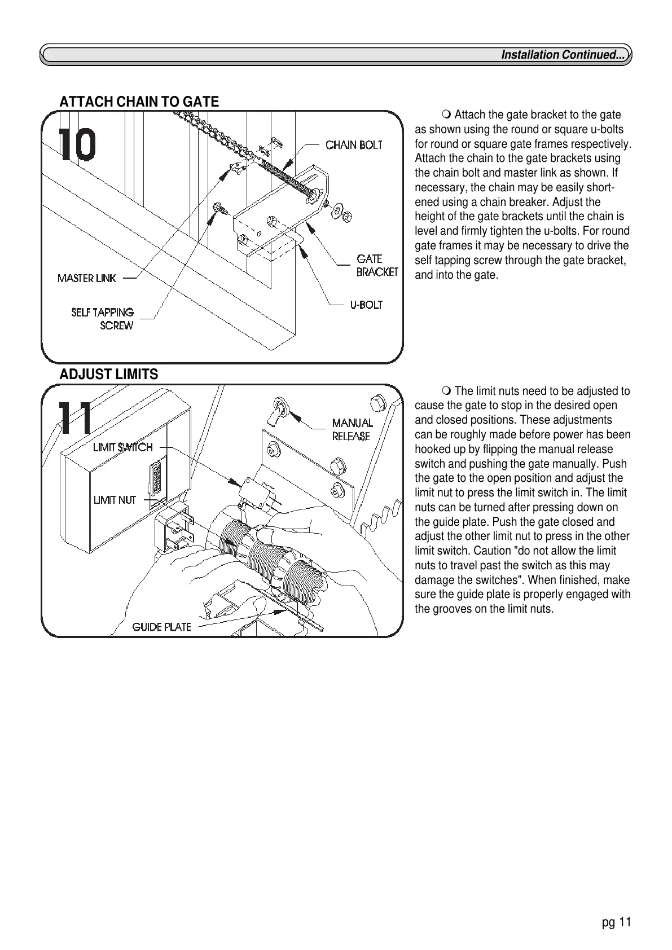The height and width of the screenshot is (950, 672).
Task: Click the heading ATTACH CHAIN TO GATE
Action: click(x=139, y=102)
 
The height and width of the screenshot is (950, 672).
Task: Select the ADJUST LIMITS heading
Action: click(x=109, y=375)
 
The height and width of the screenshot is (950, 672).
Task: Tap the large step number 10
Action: click(x=77, y=145)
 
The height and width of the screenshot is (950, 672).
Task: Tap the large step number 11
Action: click(x=76, y=418)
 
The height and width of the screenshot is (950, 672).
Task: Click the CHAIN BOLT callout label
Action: click(x=354, y=145)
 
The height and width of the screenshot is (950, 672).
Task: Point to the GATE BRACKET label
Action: click(x=376, y=265)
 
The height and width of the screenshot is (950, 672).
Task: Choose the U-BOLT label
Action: click(x=366, y=305)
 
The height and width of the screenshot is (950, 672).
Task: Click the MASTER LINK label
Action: click(x=86, y=278)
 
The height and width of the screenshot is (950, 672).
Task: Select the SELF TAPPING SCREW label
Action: click(x=103, y=319)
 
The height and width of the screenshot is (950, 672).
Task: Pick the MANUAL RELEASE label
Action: click(x=352, y=429)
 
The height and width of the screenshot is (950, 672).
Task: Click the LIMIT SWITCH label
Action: click(x=122, y=447)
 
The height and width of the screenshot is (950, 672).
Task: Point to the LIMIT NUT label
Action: click(x=115, y=500)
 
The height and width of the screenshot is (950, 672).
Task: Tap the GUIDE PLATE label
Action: click(x=161, y=627)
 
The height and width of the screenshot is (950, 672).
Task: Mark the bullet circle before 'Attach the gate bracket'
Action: click(x=447, y=116)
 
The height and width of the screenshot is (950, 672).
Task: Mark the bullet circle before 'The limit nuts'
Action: click(x=447, y=391)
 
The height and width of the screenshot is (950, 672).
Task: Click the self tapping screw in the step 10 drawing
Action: click(x=219, y=209)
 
